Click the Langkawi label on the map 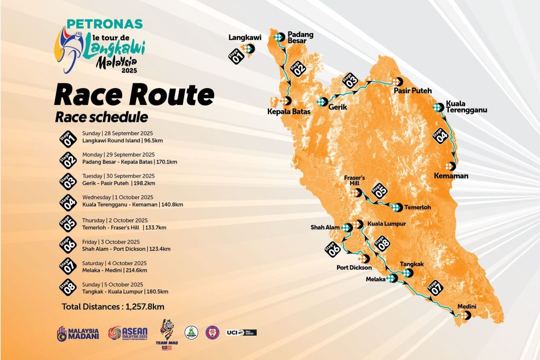click(x=242, y=37)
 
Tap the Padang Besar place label click(x=301, y=37)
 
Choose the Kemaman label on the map click(x=451, y=175)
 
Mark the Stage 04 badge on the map click(x=440, y=135)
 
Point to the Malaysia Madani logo click(x=78, y=333)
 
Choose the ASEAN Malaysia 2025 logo click(x=127, y=333)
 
